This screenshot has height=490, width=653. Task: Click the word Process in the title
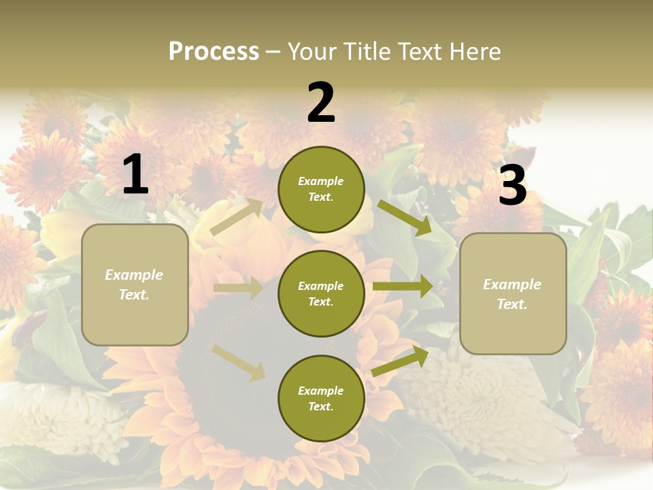(214, 52)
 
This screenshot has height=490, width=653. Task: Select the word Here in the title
(475, 52)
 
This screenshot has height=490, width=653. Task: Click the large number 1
(135, 175)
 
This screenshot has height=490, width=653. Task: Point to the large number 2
(321, 103)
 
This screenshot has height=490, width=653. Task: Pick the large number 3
(512, 186)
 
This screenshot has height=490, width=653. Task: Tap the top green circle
(321, 189)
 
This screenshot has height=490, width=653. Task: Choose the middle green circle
(321, 293)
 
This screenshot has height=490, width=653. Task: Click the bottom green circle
(321, 398)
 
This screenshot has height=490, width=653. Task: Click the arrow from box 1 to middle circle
(238, 288)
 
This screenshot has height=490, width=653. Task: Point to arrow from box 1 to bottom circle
(239, 363)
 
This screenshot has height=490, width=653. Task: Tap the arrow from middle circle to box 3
(402, 286)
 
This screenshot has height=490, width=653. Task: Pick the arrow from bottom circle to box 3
(400, 361)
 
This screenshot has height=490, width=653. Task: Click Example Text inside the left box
(134, 284)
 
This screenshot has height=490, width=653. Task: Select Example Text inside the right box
(512, 294)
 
